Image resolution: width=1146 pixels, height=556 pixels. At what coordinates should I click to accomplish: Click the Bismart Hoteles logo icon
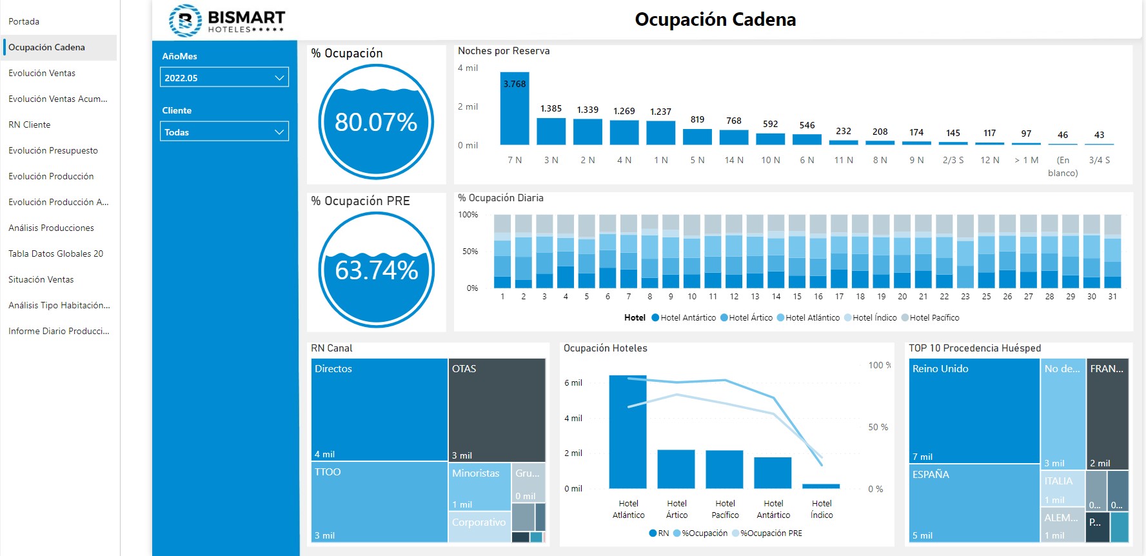[x=185, y=21]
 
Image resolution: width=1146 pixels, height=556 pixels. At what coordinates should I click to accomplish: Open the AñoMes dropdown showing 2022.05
[x=224, y=77]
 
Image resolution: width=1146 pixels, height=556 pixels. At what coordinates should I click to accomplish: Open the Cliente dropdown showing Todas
[x=224, y=132]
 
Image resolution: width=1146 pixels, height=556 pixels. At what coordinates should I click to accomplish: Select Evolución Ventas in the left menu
[x=42, y=73]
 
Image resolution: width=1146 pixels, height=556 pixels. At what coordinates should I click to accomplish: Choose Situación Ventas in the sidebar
[x=41, y=279]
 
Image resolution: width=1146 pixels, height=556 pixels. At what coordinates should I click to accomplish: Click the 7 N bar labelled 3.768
[x=515, y=110]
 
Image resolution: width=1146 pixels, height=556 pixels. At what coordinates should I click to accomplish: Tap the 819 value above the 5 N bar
[x=697, y=119]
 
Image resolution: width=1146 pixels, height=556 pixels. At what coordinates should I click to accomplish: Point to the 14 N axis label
[x=734, y=160]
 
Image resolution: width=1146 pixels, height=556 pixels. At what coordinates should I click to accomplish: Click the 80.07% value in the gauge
[x=376, y=122]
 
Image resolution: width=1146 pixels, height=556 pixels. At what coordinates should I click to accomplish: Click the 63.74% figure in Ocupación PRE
[x=376, y=270]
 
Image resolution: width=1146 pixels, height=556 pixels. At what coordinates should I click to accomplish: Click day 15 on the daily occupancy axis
[x=797, y=297]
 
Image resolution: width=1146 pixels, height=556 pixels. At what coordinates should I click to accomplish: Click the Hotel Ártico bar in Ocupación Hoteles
[x=677, y=469]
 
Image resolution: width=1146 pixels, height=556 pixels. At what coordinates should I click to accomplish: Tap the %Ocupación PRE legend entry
[x=771, y=533]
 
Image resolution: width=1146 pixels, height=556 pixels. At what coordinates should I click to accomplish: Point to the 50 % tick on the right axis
[x=878, y=427]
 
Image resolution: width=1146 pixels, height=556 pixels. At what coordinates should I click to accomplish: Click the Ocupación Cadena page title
[x=715, y=19]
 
